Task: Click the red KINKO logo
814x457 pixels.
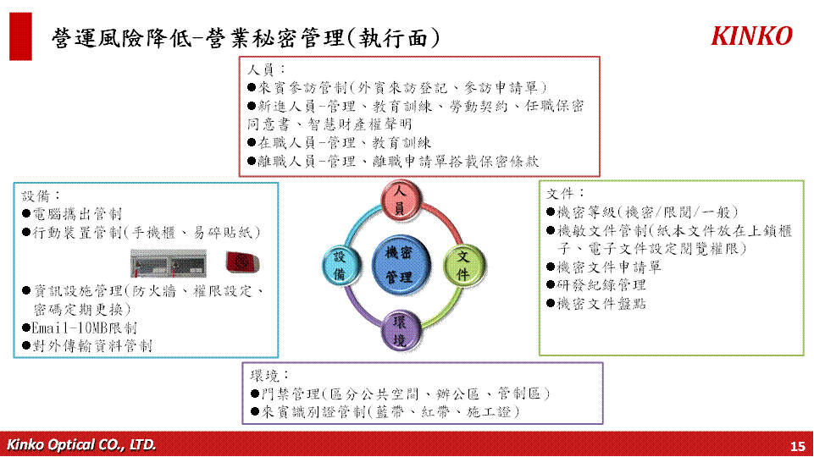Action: [x=751, y=36]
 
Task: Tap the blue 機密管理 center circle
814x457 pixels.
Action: [x=401, y=265]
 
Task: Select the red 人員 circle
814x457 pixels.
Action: [x=401, y=200]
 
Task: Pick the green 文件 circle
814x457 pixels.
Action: [x=463, y=265]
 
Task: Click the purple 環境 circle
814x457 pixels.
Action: [x=401, y=331]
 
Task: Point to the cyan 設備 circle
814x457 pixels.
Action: [x=341, y=265]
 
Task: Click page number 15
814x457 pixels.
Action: [x=797, y=446]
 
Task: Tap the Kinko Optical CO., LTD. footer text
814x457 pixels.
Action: [x=81, y=444]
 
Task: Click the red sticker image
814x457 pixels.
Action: [x=242, y=262]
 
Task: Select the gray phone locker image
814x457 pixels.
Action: [x=169, y=263]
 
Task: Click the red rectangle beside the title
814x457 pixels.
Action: [x=21, y=36]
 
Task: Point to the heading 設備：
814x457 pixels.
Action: [x=41, y=196]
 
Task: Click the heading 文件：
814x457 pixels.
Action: [x=566, y=194]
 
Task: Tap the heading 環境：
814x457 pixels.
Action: [x=269, y=376]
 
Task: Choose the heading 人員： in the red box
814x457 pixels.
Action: [x=266, y=69]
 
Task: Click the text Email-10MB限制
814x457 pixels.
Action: [x=80, y=328]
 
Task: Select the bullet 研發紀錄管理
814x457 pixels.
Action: [x=596, y=285]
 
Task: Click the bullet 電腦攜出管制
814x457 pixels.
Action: [x=73, y=214]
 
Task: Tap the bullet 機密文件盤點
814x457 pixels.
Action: [x=596, y=304]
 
